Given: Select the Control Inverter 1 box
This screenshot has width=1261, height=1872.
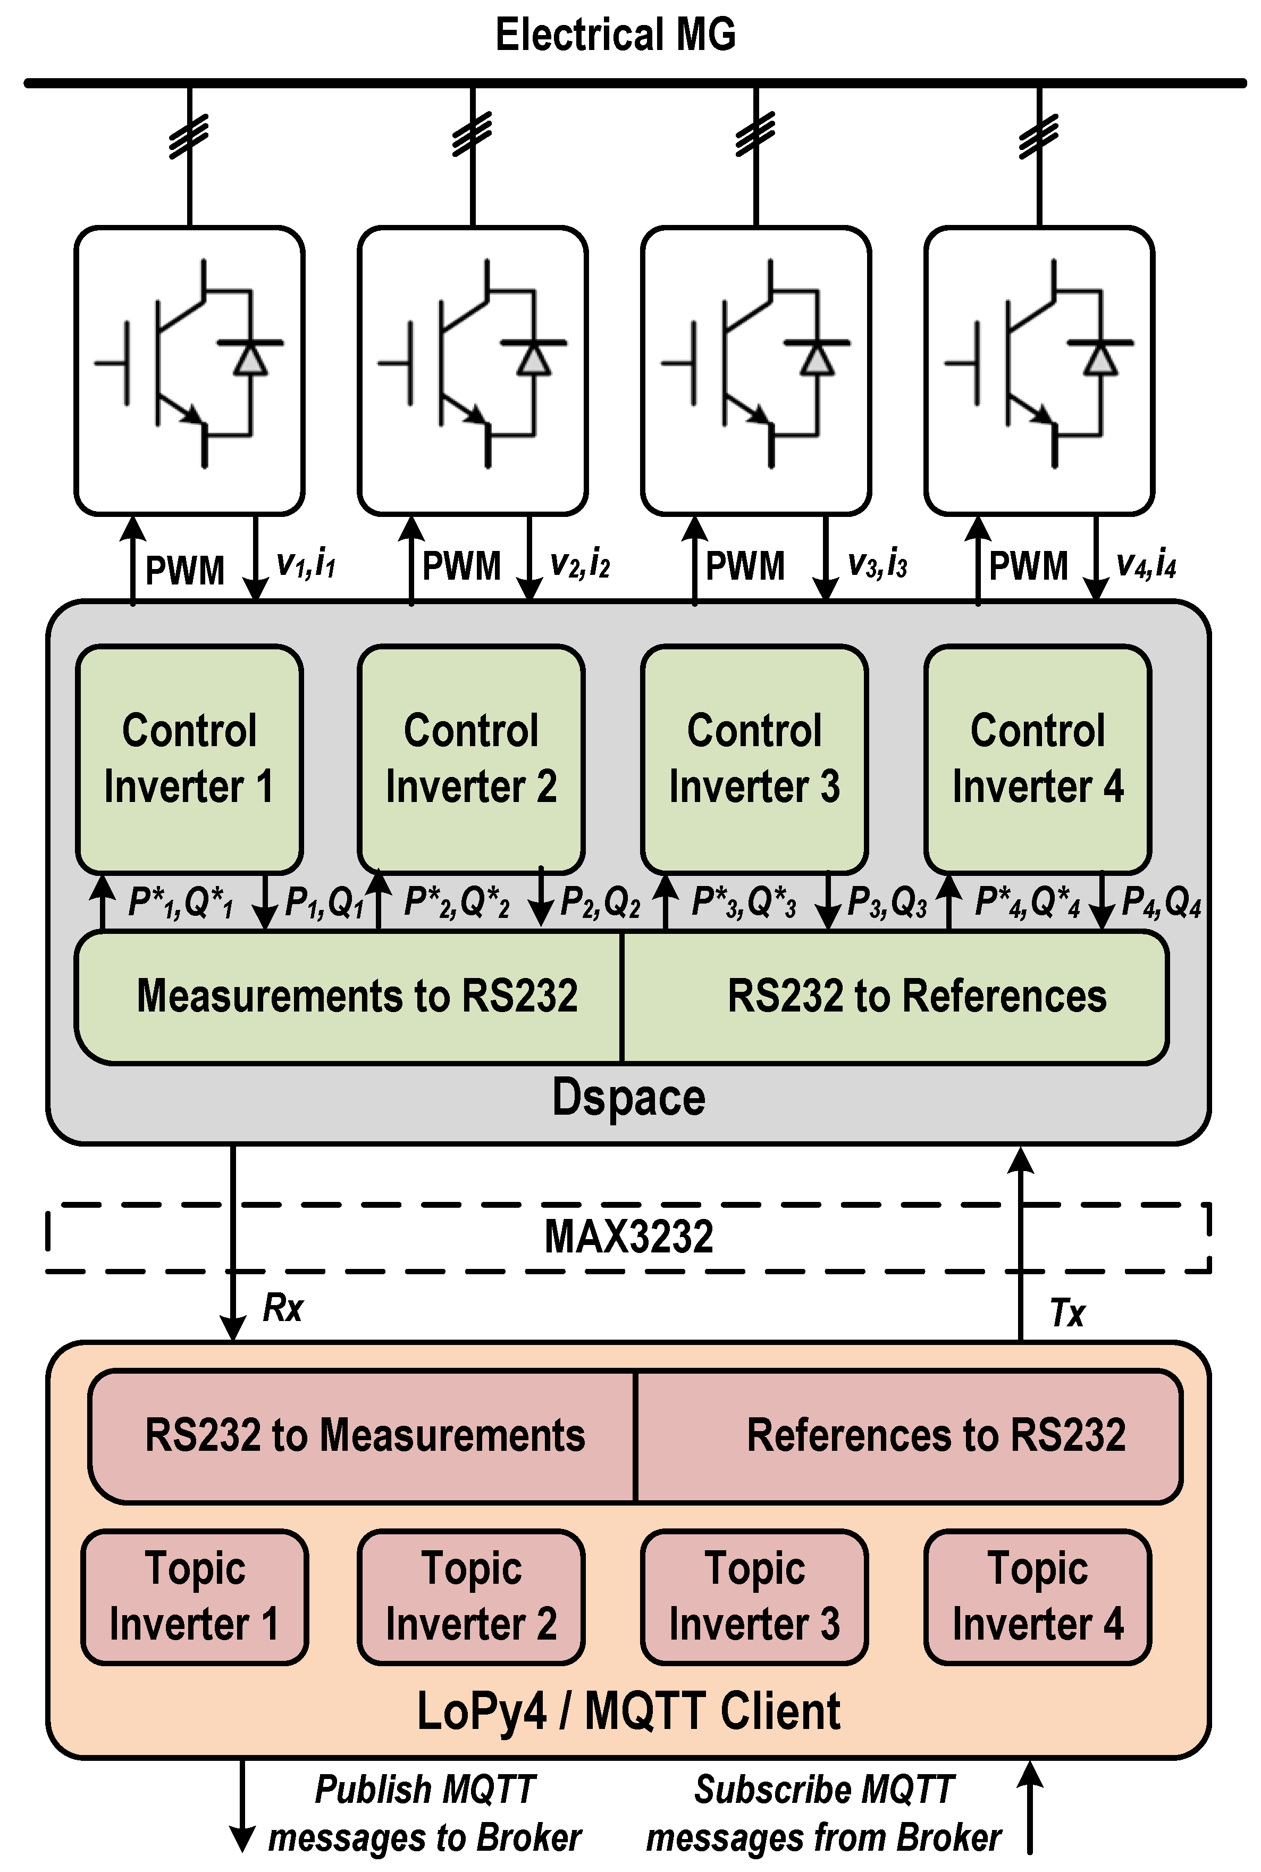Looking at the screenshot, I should [189, 758].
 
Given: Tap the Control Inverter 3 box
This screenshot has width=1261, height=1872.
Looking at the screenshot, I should [754, 758].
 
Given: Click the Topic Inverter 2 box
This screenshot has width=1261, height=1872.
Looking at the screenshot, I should [471, 1596].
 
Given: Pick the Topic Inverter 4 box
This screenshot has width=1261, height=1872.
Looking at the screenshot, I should [1037, 1596].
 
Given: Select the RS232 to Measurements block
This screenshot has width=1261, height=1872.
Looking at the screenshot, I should [364, 1435].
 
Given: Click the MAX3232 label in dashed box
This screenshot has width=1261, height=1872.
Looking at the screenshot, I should [629, 1236].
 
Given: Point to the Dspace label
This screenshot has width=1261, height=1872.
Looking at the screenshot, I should [629, 1097].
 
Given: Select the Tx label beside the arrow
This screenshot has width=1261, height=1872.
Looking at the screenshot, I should [1067, 1314].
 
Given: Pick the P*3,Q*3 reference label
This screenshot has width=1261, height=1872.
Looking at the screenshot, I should [744, 902].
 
